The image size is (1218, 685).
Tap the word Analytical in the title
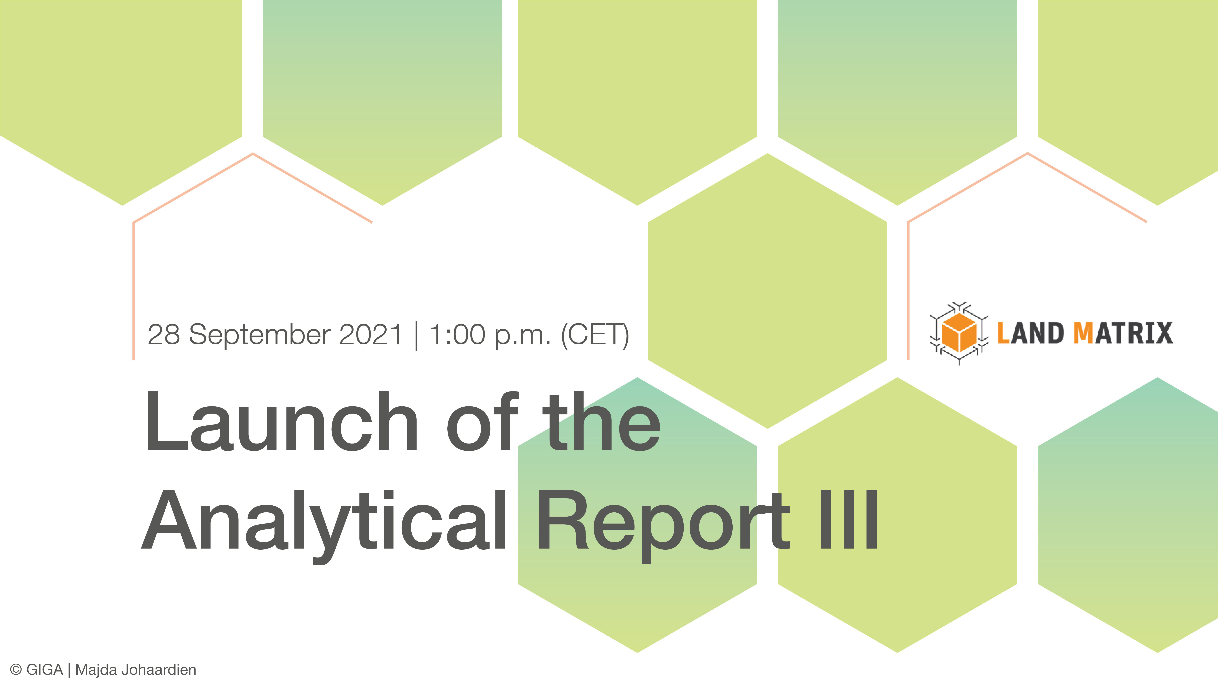(x=324, y=520)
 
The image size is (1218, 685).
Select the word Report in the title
(x=662, y=520)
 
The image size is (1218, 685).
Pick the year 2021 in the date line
(x=370, y=335)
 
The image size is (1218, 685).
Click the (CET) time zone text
(x=595, y=335)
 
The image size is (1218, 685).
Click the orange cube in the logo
(x=958, y=333)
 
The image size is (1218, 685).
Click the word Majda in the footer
(x=96, y=670)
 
